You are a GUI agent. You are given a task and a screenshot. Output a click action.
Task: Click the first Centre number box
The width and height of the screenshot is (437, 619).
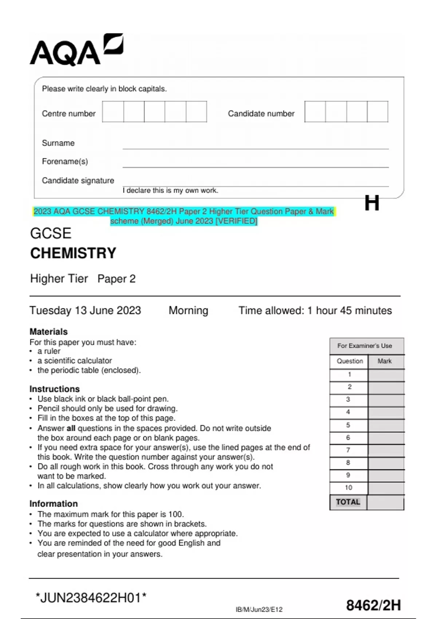pos(113,112)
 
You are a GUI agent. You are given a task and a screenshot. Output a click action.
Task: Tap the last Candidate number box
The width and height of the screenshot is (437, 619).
pos(377,112)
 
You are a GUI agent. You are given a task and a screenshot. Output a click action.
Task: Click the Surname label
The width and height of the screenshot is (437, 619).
pos(58,143)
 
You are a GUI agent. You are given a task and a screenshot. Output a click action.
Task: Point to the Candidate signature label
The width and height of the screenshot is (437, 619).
pos(78,181)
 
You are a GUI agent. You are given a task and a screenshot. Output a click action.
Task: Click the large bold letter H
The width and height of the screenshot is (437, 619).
pos(372,203)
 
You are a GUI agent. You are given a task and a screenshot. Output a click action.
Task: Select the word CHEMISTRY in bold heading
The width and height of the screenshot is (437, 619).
pos(73,253)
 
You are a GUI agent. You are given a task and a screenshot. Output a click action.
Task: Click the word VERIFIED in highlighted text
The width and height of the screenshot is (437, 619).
pos(237,221)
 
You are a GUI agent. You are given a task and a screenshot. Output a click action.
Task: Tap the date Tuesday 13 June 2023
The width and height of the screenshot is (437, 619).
pos(85,311)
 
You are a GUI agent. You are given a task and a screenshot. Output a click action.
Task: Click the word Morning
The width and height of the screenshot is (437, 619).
pos(188,311)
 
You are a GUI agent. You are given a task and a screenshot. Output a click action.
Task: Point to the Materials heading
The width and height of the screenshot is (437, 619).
pos(48,332)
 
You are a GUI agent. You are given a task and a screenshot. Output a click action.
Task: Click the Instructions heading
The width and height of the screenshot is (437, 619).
pos(54,389)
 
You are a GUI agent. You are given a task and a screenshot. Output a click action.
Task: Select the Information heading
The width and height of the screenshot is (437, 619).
pos(54,504)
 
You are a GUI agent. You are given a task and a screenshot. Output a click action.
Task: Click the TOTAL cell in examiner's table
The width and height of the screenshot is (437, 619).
pos(348,502)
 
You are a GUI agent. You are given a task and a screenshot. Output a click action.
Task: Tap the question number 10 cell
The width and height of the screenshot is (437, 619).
pos(349,488)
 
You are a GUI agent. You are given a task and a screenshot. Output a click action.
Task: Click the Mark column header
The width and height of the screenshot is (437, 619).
pos(385,361)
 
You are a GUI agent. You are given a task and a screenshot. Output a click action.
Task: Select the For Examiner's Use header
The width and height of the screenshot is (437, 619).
pos(365,346)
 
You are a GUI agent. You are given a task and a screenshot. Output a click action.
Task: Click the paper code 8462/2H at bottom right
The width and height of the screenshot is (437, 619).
pos(373,606)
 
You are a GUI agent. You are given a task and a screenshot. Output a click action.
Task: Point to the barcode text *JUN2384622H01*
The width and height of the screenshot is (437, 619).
pos(91,598)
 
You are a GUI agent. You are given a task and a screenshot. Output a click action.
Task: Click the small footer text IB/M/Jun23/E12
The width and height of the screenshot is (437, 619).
pos(259,610)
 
